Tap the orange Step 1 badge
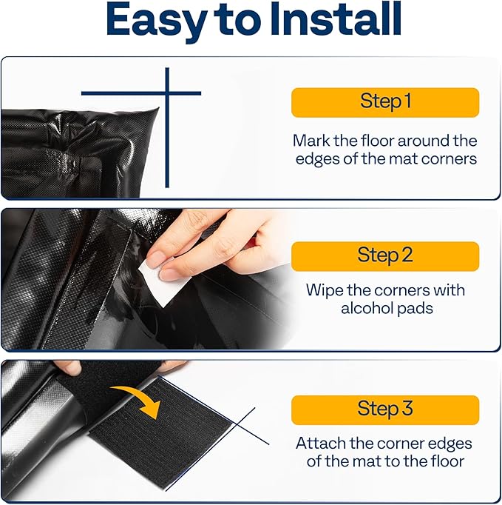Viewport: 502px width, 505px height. point(384,102)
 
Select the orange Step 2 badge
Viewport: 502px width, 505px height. point(384,256)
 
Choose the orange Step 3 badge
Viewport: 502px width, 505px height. point(384,409)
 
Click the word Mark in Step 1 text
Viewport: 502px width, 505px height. point(309,141)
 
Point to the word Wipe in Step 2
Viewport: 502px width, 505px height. point(324,290)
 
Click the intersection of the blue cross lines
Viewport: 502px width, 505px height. point(167,93)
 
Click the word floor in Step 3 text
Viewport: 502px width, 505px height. point(445,461)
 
